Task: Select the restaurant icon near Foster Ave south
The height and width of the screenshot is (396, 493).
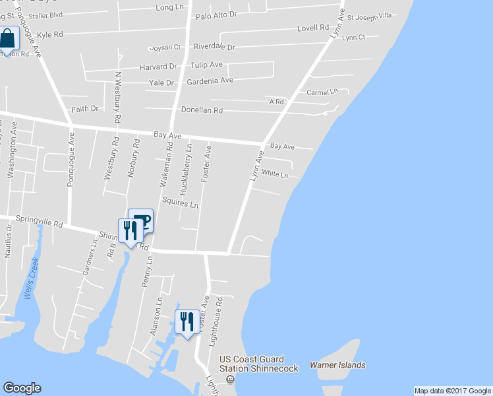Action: click(187, 322)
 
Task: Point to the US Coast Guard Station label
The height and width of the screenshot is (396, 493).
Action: click(259, 364)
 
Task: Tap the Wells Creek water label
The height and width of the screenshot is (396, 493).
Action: click(31, 278)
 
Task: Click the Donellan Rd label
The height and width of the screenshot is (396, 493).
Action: click(202, 110)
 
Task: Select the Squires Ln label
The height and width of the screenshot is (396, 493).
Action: click(180, 202)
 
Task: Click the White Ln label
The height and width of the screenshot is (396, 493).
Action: click(275, 174)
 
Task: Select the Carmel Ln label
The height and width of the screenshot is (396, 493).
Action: click(322, 92)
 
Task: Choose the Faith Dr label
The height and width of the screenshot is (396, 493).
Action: click(84, 108)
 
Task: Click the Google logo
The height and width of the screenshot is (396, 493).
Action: click(22, 388)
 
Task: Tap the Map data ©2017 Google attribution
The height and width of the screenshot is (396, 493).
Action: click(452, 391)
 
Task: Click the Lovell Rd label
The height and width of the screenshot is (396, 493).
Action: click(312, 28)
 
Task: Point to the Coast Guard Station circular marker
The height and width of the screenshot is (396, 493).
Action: click(230, 379)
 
